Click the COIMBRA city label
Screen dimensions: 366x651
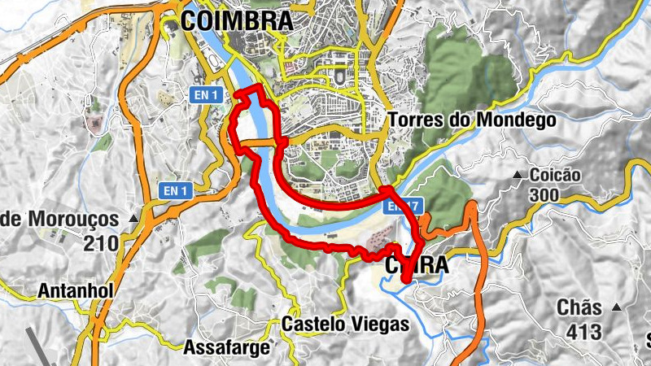tap(237, 20)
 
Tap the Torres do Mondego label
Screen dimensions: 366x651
tap(472, 120)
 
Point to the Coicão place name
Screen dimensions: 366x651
tap(556, 175)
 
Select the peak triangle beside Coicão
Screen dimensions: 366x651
tap(518, 175)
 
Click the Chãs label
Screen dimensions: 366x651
tap(579, 307)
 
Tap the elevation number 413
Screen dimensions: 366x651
tap(579, 331)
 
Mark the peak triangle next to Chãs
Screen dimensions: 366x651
tap(616, 307)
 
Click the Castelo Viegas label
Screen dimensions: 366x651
tap(345, 324)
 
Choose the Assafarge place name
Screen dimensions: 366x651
tap(228, 348)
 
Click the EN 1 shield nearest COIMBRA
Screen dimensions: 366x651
tap(206, 95)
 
